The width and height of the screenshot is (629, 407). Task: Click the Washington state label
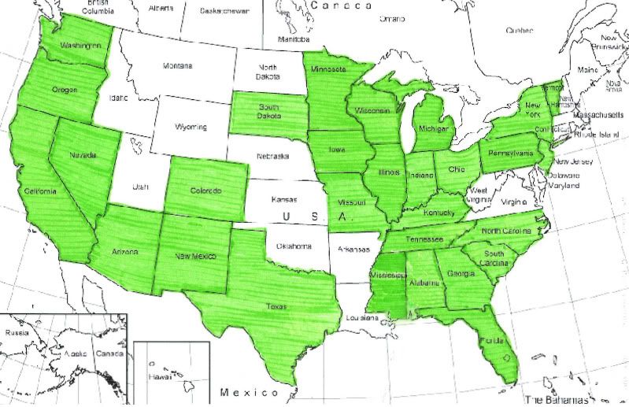tap(80, 46)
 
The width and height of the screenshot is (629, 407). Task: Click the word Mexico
tap(249, 391)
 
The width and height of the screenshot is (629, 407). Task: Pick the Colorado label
tap(206, 191)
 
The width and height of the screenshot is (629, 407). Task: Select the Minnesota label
tap(328, 69)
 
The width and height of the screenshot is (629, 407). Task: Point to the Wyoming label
tap(191, 126)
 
